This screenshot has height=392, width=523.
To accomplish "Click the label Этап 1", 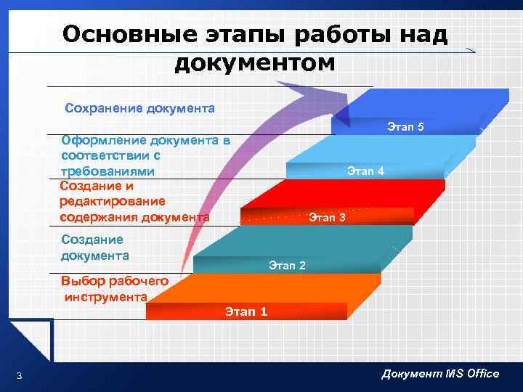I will click(x=246, y=311).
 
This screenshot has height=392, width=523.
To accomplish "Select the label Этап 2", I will click(x=287, y=265).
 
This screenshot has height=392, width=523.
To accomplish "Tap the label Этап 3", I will click(x=328, y=217).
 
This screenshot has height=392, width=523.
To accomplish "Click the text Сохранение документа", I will click(x=139, y=108).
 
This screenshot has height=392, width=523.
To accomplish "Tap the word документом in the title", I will click(x=255, y=63).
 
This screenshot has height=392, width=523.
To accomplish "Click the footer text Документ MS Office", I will click(x=440, y=373).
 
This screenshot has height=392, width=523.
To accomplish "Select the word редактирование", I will click(x=113, y=201).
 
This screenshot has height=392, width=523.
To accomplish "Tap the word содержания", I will click(x=93, y=216).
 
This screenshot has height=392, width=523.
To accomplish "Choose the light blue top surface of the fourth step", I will click(x=392, y=149).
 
